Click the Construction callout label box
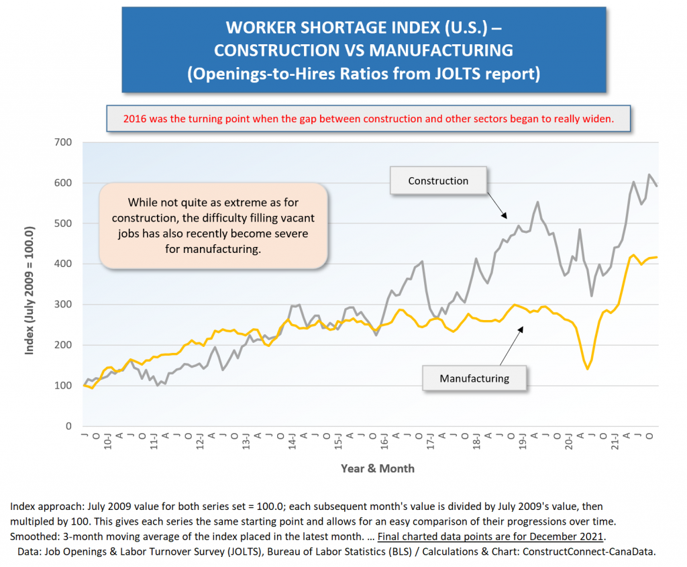[x=438, y=181]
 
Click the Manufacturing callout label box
[x=474, y=378]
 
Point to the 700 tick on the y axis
[x=64, y=142]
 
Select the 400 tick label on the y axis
[x=64, y=264]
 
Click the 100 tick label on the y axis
[x=64, y=386]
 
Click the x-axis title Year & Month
[x=377, y=468]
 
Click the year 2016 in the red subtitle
[x=136, y=119]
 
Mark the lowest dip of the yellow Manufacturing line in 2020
[x=588, y=368]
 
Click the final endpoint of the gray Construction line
[x=657, y=186]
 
